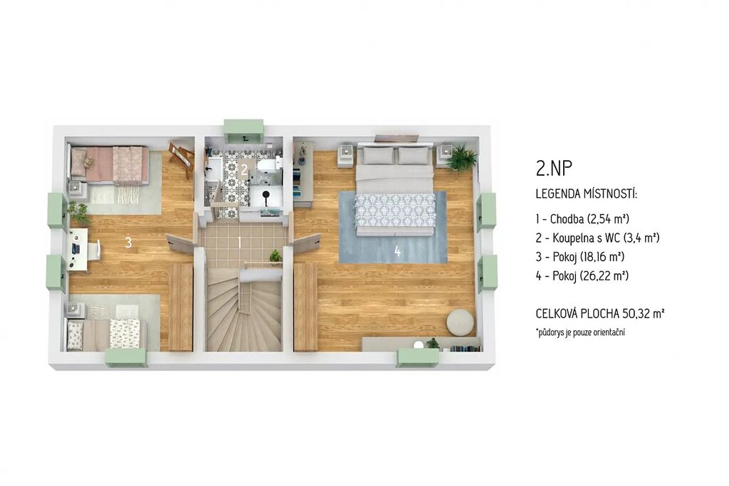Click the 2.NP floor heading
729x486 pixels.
554,168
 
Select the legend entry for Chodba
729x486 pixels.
582,219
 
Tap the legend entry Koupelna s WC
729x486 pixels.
597,238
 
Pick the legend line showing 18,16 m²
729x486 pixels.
580,257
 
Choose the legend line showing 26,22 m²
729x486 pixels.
582,276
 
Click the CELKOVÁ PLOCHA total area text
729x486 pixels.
599,314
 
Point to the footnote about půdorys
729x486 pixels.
580,332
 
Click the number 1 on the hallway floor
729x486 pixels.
239,242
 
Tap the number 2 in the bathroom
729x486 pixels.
244,169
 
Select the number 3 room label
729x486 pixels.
129,242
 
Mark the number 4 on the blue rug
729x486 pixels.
397,251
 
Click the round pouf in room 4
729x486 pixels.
461,321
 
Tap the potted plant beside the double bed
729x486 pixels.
461,158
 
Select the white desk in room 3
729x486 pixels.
78,248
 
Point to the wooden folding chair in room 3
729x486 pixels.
182,157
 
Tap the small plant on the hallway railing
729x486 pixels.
276,256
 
